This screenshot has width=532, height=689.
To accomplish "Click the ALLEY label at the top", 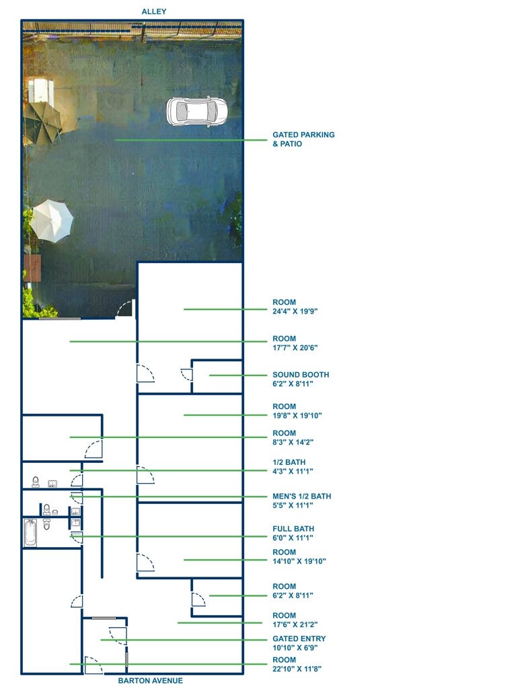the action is click(154, 11).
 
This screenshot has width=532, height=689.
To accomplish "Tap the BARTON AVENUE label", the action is click(150, 681).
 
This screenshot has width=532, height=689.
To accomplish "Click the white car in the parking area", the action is click(197, 111).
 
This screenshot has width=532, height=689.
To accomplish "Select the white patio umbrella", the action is click(51, 221).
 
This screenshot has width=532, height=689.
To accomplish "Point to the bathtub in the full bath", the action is click(30, 533).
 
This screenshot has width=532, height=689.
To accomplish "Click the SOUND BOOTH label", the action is click(301, 375).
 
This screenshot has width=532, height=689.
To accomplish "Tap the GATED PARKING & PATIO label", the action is click(303, 139).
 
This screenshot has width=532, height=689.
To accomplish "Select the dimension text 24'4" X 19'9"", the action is click(295, 311).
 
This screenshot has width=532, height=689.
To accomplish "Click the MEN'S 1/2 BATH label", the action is click(302, 496).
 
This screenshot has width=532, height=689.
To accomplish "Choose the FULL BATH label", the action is click(293, 529).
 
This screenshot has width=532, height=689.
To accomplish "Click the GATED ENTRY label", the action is click(299, 639).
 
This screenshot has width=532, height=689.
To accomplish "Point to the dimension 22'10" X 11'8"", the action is click(297, 669).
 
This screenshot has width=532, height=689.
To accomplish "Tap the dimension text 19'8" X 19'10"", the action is click(297, 415).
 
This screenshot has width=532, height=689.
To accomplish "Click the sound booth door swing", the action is click(186, 374).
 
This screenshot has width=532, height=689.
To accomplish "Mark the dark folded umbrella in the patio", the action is click(42, 122).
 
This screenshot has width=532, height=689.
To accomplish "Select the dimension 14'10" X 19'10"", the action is click(299, 561).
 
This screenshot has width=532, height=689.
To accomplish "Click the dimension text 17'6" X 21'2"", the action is click(295, 624).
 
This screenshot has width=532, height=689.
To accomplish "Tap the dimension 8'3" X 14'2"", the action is click(293, 442).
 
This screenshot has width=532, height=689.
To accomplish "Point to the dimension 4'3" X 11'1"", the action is click(293, 471).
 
